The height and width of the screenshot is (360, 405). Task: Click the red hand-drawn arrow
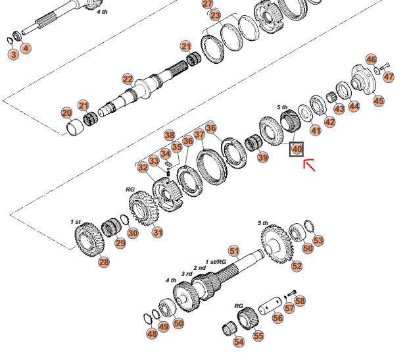click(309, 165)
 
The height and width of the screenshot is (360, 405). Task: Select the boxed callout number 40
click(297, 149)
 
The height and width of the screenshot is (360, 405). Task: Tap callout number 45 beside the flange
click(379, 101)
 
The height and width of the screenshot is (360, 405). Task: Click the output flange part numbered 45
click(364, 78)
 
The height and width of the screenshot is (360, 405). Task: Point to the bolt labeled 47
click(385, 66)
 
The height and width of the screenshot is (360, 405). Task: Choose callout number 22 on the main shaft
click(128, 80)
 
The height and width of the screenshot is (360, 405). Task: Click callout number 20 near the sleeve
click(67, 113)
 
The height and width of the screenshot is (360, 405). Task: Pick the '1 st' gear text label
click(76, 222)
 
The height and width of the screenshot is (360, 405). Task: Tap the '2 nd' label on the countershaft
click(199, 268)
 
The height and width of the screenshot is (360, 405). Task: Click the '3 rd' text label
click(187, 274)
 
